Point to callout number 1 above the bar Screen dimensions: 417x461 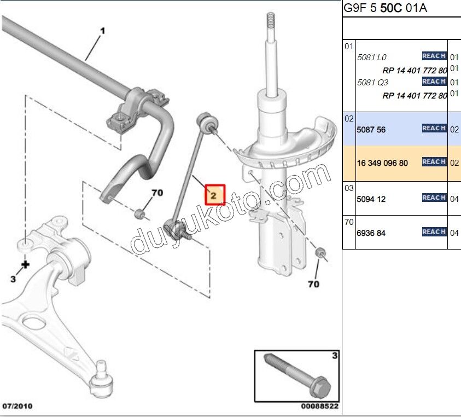point(102,32)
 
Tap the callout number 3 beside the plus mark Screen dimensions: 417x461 point(14,279)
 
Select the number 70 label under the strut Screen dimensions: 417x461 point(313,284)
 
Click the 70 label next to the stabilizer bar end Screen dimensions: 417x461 point(157,193)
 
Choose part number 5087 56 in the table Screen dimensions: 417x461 point(371,130)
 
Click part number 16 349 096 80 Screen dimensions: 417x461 point(382,163)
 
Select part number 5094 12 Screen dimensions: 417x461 point(371,199)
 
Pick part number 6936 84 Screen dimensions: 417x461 point(371,233)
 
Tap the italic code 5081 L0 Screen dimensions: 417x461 point(372,57)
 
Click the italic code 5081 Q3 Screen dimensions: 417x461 point(372,83)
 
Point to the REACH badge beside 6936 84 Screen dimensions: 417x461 point(434,232)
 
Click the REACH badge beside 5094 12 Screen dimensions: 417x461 point(434,198)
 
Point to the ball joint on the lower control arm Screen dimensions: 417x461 point(100,378)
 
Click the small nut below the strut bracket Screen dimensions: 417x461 point(320,252)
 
